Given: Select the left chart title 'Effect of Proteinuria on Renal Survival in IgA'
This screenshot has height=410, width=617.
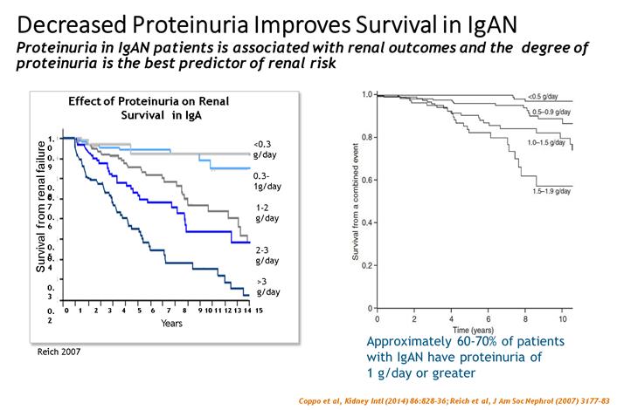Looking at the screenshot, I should tap(143, 107).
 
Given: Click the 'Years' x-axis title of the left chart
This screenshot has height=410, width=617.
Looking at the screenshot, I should tap(171, 325).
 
